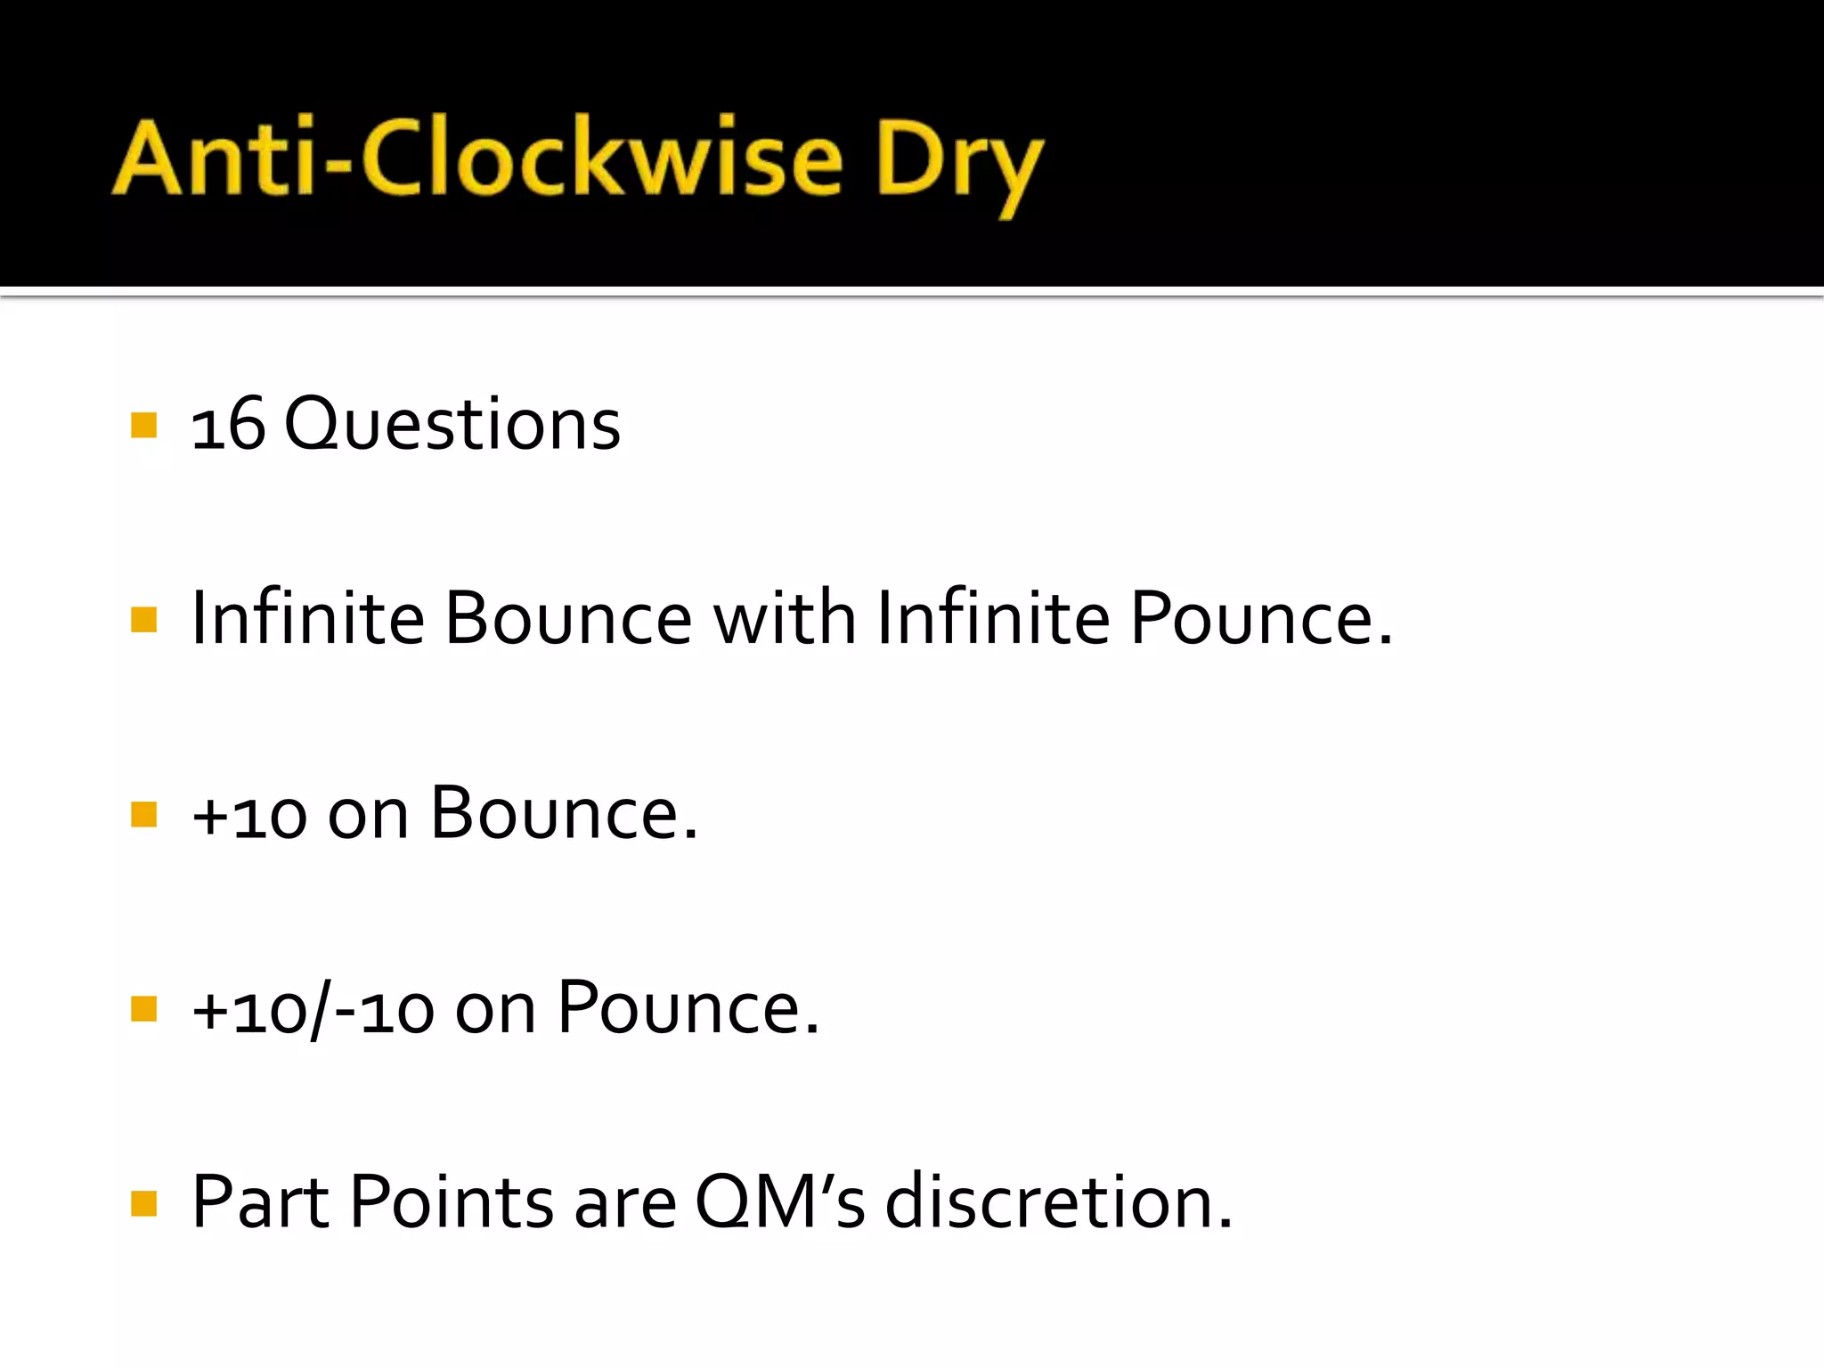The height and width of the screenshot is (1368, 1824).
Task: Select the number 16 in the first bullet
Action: tap(228, 425)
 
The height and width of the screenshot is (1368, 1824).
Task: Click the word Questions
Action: tap(452, 425)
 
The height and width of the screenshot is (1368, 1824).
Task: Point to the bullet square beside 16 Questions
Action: tap(143, 425)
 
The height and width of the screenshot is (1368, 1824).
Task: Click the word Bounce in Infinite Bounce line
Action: tap(568, 618)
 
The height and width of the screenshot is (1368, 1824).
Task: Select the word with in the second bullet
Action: tap(784, 618)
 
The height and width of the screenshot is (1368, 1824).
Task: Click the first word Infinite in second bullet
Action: tap(307, 618)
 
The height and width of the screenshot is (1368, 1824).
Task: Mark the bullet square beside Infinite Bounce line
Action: tap(143, 619)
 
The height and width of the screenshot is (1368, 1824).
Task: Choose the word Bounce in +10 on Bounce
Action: tap(563, 813)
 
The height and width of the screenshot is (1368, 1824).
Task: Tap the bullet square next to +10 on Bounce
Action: tap(143, 814)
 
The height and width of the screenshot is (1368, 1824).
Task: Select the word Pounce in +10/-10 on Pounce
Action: tap(688, 1008)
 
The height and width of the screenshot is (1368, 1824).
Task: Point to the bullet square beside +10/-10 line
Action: tap(143, 1009)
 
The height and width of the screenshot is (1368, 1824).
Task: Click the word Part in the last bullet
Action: tap(261, 1203)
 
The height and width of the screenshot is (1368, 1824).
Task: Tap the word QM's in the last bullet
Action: tap(780, 1203)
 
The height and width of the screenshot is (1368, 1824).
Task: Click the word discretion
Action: tap(1058, 1203)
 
